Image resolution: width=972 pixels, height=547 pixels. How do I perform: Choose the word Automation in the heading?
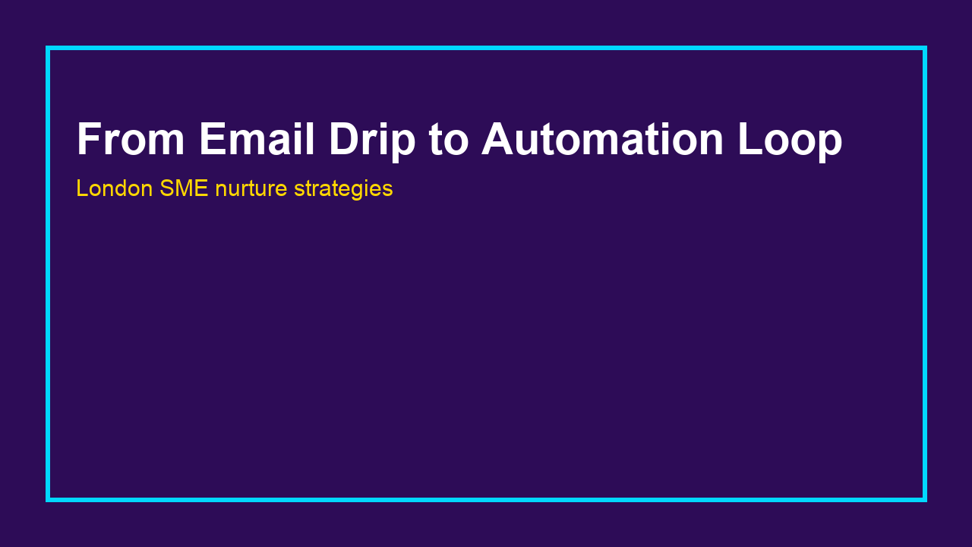coord(602,140)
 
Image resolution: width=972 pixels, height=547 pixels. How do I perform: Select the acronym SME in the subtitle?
coord(184,188)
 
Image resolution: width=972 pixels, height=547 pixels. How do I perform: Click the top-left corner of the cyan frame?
coord(48,48)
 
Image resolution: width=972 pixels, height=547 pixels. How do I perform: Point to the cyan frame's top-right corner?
coord(924,48)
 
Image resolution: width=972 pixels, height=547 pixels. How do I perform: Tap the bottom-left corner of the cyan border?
coord(48,499)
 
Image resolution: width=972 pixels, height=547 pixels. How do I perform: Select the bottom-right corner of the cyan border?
coord(924,499)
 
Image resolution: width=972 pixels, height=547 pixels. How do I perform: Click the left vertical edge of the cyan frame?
coord(48,273)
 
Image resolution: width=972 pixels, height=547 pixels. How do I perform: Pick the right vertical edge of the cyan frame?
coord(924,273)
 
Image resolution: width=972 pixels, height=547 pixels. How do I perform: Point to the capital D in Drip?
coord(345,140)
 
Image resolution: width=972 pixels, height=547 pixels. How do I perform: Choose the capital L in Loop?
coord(751,140)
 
